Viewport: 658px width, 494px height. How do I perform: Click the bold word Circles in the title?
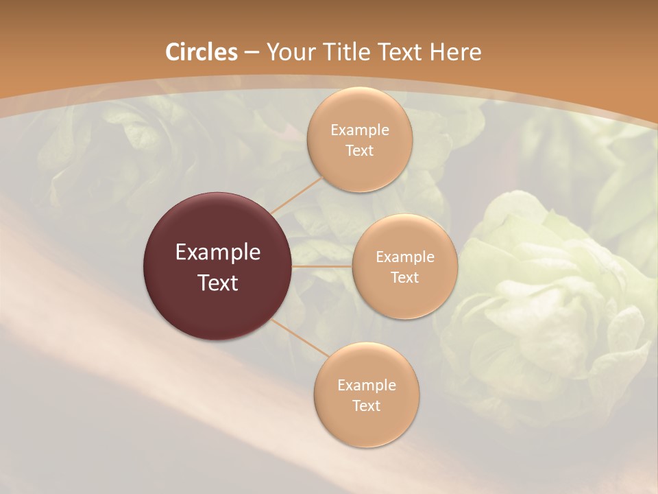pos(202,52)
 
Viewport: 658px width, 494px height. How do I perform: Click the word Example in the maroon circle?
pos(218,252)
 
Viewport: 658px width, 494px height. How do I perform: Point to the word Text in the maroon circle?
pos(218,283)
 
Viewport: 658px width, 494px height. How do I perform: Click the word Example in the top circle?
pos(360,130)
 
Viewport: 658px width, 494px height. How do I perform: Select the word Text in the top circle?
pos(360,151)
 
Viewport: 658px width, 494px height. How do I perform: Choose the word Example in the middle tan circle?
pos(405,257)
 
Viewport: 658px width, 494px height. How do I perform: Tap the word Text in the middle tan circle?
pos(405,278)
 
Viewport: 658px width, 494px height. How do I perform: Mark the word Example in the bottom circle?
pos(367,386)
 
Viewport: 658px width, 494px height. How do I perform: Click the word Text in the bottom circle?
pos(367,406)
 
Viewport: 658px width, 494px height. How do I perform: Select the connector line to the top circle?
pos(296,194)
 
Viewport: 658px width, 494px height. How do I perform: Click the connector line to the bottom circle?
pos(300,338)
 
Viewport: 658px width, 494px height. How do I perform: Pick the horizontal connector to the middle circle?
pos(322,266)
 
